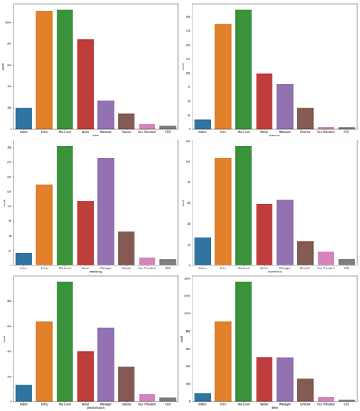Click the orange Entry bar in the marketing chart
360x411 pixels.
pos(45,225)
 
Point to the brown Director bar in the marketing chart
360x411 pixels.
pos(126,248)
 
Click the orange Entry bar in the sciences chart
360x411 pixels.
pos(223,76)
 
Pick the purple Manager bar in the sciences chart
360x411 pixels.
pos(285,106)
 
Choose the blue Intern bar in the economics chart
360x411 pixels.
pos(202,251)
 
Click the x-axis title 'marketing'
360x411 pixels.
pos(96,271)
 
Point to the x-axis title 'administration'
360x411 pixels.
pos(96,407)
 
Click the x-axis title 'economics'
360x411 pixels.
pos(274,271)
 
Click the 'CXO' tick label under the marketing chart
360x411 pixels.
pos(168,268)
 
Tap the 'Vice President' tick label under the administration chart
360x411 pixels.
pos(146,403)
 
